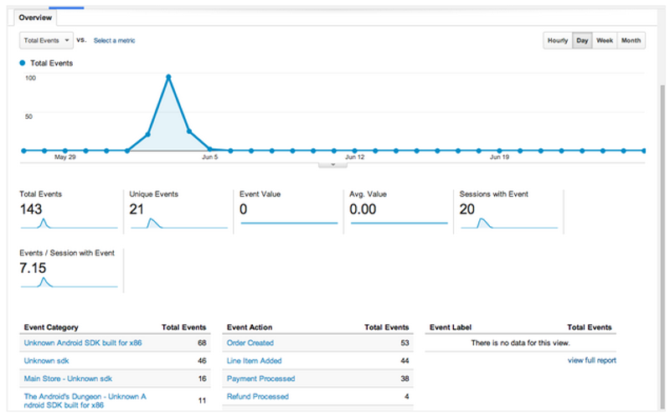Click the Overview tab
[35, 17]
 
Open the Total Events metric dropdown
[44, 40]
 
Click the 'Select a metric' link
[114, 40]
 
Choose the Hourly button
[557, 40]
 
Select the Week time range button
[604, 40]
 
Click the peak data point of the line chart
[168, 77]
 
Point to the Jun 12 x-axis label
[354, 157]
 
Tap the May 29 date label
[64, 157]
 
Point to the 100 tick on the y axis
[30, 78]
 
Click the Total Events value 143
[32, 209]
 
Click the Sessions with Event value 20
[468, 209]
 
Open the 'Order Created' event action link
[250, 343]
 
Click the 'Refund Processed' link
[257, 397]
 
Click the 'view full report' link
[591, 360]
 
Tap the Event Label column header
[453, 327]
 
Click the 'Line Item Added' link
[254, 361]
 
